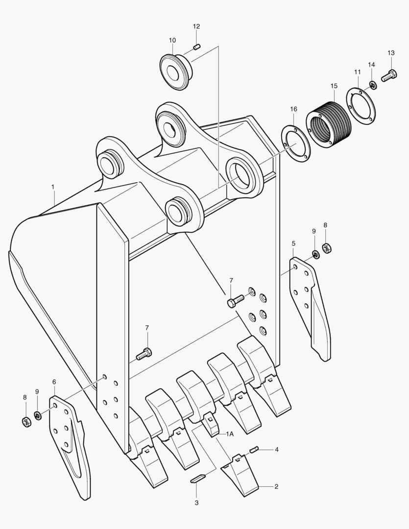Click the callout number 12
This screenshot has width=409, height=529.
click(196, 26)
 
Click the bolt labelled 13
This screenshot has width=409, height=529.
click(388, 76)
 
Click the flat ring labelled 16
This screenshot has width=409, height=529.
click(295, 144)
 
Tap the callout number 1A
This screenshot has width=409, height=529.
click(230, 434)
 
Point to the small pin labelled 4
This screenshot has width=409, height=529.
click(254, 449)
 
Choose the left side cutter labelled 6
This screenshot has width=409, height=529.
click(69, 441)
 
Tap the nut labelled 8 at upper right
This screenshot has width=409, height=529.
click(327, 248)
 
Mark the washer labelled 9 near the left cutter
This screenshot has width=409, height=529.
click(37, 416)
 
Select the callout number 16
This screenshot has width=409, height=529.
click(293, 109)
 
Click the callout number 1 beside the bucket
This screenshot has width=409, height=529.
click(53, 187)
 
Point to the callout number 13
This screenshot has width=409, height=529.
click(391, 52)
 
